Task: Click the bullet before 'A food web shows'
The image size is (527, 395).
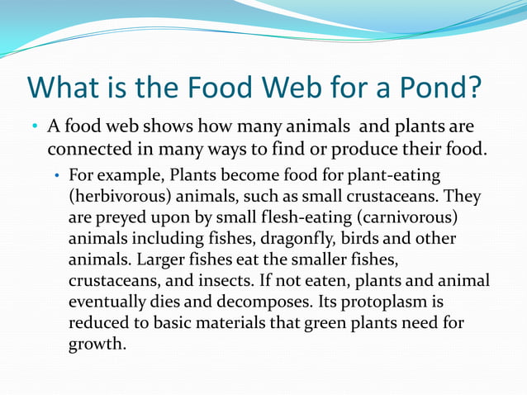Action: coord(35,129)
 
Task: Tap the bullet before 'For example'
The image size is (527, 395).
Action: coord(56,178)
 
